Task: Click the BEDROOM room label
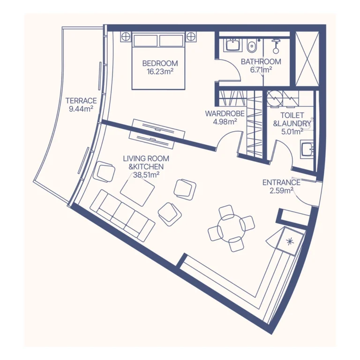coord(160,64)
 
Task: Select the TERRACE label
coord(81,101)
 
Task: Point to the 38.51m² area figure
coord(146,174)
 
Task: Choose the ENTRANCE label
coord(281,182)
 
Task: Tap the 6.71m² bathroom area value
coord(261,69)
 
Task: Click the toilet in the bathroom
coord(252,46)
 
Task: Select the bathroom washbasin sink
coord(232,45)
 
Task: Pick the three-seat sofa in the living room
coord(122,215)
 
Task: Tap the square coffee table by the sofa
coord(137,189)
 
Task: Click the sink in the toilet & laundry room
coord(307,150)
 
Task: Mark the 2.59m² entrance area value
coord(281,190)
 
